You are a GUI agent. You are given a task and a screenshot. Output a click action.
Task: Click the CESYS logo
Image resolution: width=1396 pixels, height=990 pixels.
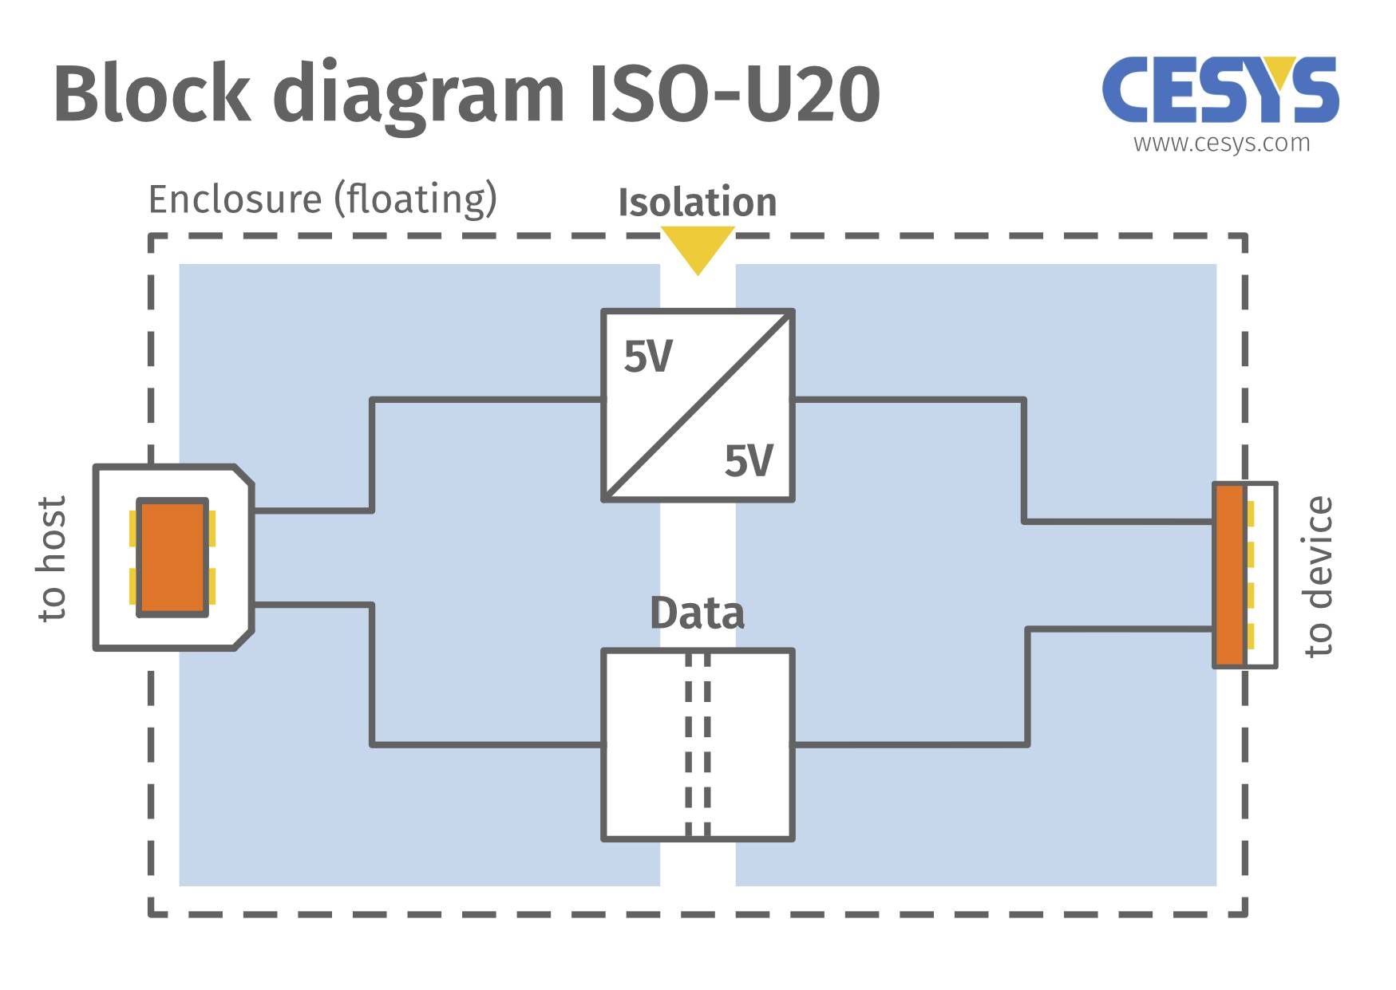point(1220,89)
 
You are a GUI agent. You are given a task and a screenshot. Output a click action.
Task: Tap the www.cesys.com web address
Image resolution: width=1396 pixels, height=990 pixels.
point(1221,143)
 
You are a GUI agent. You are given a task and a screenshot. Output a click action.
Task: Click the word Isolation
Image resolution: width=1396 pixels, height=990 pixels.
point(697,202)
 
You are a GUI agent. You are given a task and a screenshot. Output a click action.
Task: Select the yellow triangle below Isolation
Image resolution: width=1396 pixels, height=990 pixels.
point(697,246)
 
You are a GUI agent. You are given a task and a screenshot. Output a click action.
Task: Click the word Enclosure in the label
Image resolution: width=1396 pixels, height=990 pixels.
point(235,199)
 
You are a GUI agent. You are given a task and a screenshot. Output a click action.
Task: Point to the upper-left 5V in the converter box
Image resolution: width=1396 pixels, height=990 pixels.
point(647,356)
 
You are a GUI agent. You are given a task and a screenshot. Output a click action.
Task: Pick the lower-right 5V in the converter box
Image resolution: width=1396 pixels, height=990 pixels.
point(748,460)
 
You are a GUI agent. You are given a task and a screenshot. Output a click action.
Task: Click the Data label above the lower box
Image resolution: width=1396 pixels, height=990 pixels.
point(697,613)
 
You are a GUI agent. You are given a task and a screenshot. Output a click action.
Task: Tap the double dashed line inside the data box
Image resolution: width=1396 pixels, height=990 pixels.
point(698,744)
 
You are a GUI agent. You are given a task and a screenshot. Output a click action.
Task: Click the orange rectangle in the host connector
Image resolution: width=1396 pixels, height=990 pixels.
point(172,557)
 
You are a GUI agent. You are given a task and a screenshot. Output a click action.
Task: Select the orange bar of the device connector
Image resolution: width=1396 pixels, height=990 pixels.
point(1228,574)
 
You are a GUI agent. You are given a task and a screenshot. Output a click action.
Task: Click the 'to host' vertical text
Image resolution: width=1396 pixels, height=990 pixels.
point(52,558)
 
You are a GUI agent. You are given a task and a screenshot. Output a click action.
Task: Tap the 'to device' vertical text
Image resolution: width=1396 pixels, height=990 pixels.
point(1319,576)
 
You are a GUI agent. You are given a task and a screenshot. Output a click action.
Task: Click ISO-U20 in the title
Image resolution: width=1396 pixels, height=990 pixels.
point(734,94)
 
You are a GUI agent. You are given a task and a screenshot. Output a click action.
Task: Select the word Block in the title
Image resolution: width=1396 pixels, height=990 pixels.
point(152,94)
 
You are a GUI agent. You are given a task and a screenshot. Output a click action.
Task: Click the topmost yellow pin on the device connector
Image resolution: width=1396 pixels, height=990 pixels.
point(1250,513)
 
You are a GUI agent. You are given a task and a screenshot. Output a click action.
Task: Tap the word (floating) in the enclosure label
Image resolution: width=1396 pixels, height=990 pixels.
point(416,199)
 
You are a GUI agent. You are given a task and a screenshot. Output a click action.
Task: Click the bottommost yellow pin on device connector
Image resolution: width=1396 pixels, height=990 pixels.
point(1250,636)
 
